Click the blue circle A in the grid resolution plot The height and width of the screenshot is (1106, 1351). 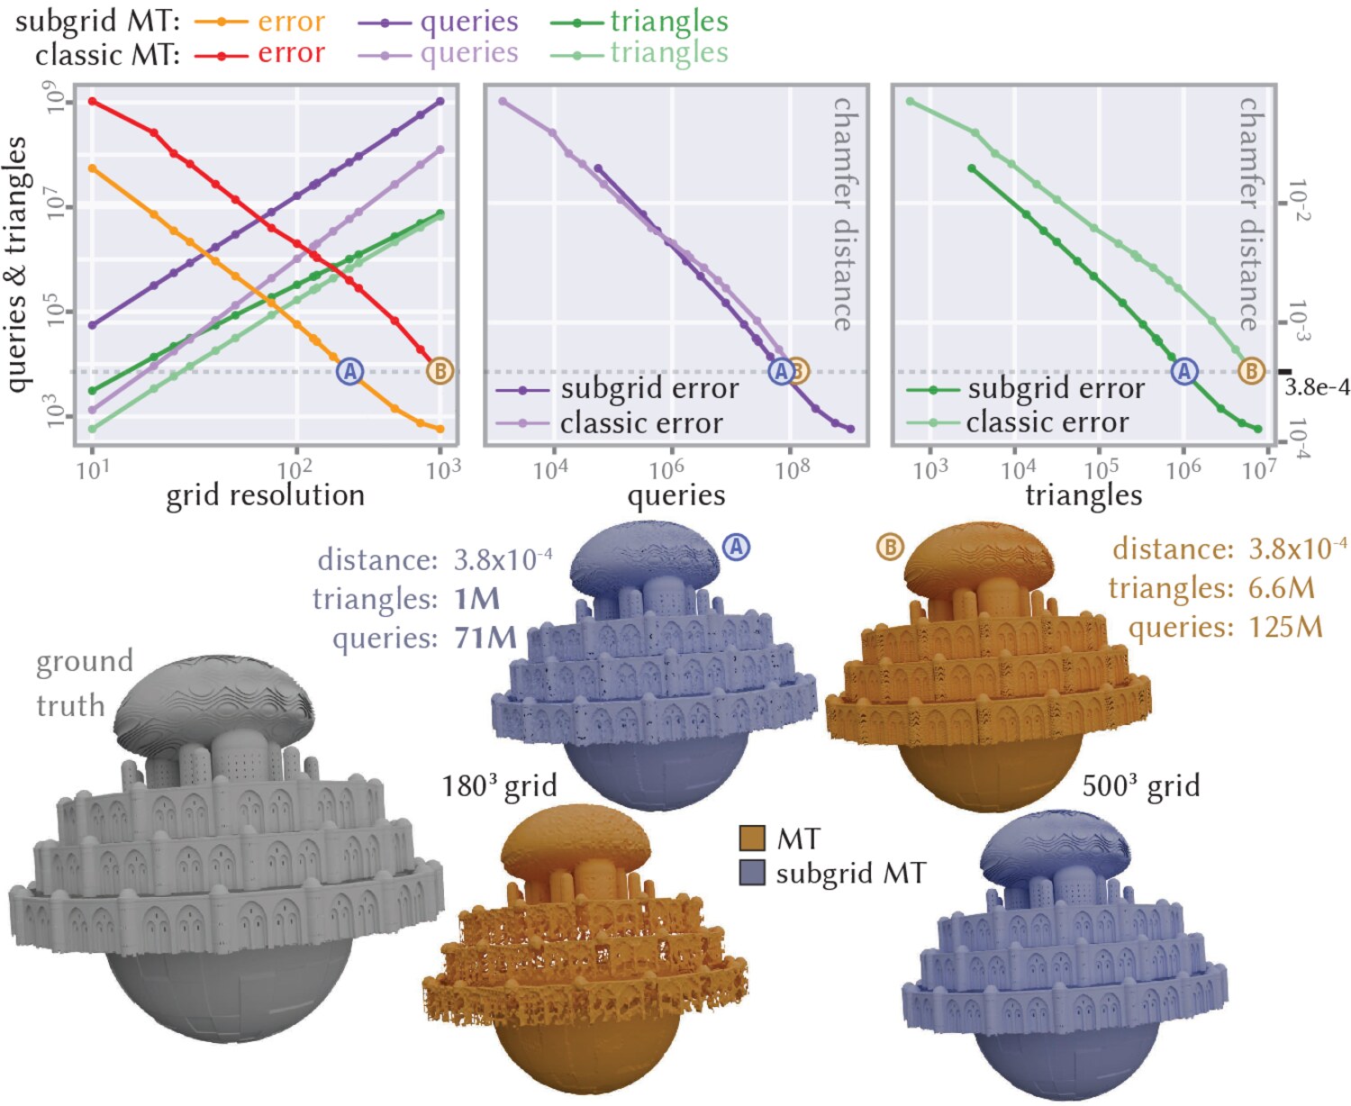point(349,371)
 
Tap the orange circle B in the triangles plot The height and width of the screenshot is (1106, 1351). point(1251,371)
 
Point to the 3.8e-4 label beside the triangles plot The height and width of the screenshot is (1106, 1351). point(1317,387)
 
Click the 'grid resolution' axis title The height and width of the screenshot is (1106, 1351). point(265,495)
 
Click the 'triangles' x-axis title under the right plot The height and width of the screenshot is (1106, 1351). point(1084,495)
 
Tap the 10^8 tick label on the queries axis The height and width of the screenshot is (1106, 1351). point(793,469)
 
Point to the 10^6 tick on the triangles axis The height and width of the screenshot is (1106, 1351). point(1183,469)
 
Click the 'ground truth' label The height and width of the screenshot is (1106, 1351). point(85,683)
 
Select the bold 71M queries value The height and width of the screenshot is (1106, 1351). point(485,638)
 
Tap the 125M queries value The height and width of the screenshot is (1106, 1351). point(1285,627)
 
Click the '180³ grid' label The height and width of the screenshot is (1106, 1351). point(500,786)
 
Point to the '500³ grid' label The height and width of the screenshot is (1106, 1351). point(1141,786)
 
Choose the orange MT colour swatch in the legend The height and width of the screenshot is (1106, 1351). point(752,839)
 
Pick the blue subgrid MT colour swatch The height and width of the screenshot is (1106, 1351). point(752,873)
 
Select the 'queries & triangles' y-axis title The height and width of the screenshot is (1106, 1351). point(16,264)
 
